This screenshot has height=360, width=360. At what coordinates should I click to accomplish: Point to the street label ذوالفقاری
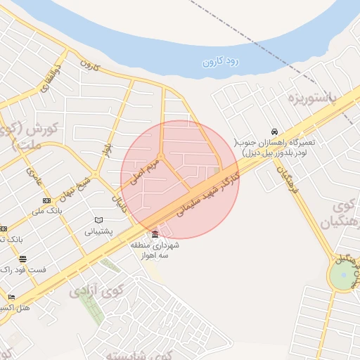[47, 79]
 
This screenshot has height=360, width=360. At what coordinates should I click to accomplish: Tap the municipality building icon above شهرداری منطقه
[155, 233]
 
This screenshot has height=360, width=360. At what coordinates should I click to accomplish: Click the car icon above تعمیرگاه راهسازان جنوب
[274, 131]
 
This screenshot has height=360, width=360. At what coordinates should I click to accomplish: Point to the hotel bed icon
[11, 297]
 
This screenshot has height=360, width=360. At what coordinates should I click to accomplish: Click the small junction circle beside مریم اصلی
[160, 156]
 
